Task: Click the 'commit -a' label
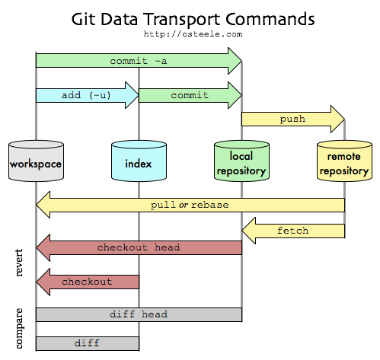[138, 60]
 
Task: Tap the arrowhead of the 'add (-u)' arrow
[131, 95]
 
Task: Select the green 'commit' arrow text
[190, 95]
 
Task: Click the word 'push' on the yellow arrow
[292, 119]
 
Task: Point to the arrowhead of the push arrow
[337, 119]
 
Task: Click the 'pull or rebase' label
[190, 205]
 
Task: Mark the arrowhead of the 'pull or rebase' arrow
[43, 205]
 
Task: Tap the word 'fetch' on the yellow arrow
[293, 230]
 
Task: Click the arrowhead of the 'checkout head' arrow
[43, 247]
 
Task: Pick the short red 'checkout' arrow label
[87, 282]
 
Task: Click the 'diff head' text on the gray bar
[139, 314]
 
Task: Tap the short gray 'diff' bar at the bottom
[87, 343]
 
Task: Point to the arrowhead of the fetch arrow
[250, 230]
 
